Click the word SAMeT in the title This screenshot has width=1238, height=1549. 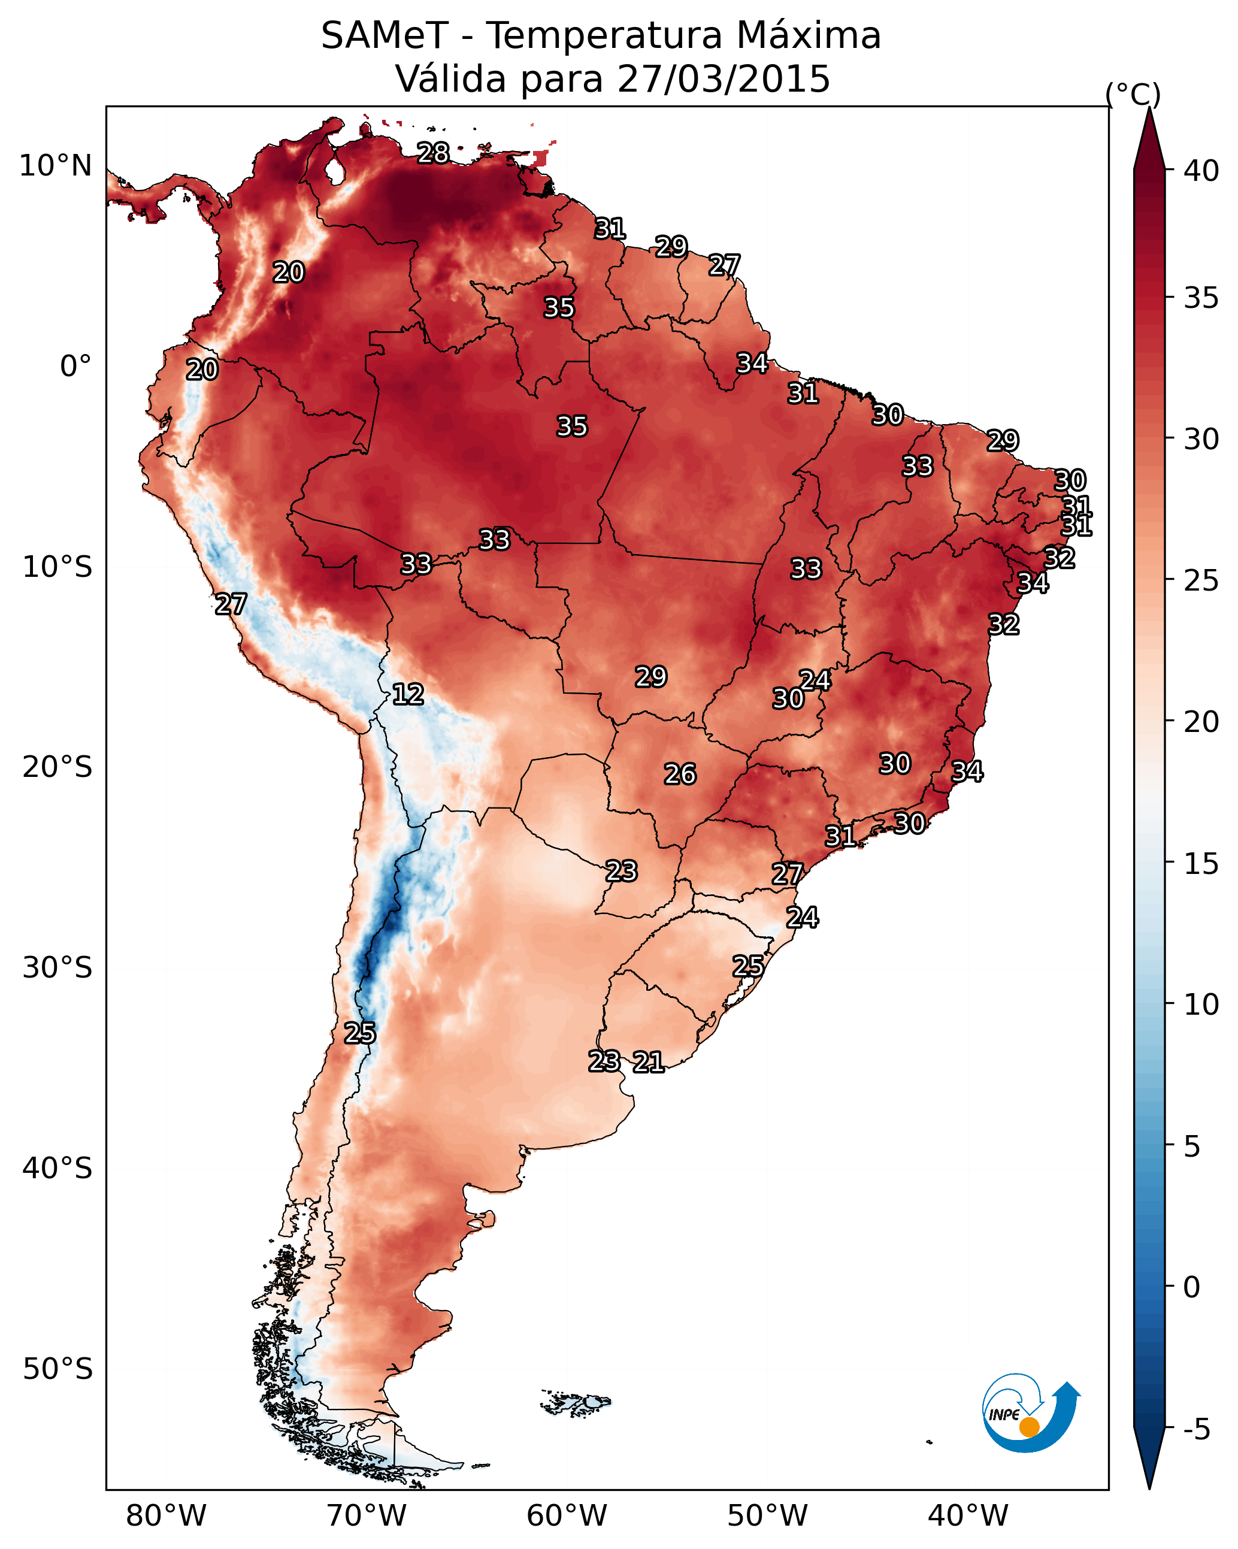tap(385, 35)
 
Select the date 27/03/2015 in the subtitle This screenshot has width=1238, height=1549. tap(723, 78)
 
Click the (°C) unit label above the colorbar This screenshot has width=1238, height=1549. tap(1133, 94)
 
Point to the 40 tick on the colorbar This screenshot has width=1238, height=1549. tap(1201, 171)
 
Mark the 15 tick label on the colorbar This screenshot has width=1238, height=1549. tap(1201, 864)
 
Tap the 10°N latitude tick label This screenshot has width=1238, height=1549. tap(55, 166)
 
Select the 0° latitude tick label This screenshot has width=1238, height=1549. tap(75, 367)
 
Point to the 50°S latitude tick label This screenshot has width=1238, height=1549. tap(57, 1369)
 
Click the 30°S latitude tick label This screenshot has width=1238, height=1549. tap(57, 968)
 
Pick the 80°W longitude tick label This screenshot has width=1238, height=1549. tap(166, 1515)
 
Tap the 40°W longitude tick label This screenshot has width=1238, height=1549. tap(968, 1515)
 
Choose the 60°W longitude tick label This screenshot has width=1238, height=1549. tap(567, 1515)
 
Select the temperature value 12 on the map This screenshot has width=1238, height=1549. tap(408, 694)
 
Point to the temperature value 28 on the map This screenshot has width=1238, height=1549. tap(433, 153)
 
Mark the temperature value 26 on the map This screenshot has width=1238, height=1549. tap(680, 774)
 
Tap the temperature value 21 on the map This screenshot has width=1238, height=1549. tap(648, 1062)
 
